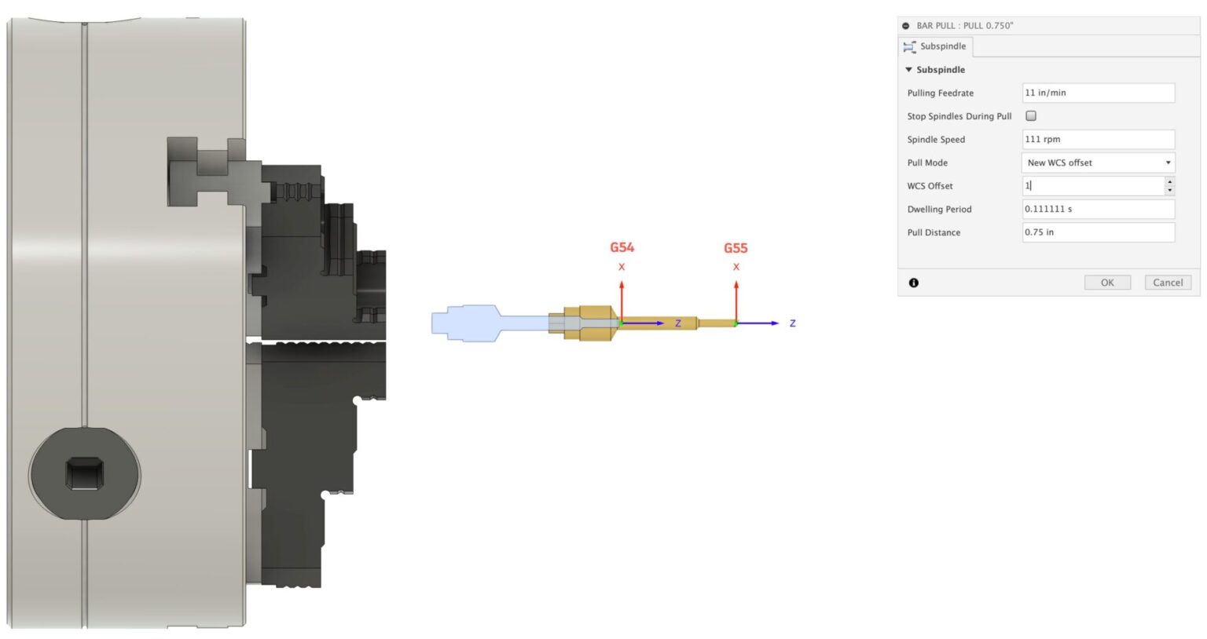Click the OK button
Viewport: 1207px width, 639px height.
1106,283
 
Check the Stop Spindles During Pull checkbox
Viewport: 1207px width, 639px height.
1031,116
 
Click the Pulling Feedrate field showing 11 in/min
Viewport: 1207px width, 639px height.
1097,93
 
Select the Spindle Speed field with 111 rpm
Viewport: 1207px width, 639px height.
1097,140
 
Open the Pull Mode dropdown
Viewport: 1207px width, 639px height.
1098,162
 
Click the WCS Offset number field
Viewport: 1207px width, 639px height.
1092,186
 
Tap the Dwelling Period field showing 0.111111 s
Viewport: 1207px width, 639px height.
1097,210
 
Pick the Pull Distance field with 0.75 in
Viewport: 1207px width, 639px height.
1097,232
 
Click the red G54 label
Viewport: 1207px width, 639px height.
622,248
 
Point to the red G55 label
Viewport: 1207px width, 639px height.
736,248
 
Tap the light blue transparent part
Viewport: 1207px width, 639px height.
471,323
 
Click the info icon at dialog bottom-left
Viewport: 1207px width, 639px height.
913,283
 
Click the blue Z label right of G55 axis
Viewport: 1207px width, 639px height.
792,323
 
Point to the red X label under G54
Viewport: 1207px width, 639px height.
622,267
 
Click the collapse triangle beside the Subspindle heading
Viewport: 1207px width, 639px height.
909,70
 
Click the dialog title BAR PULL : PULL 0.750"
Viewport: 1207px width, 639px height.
964,26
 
